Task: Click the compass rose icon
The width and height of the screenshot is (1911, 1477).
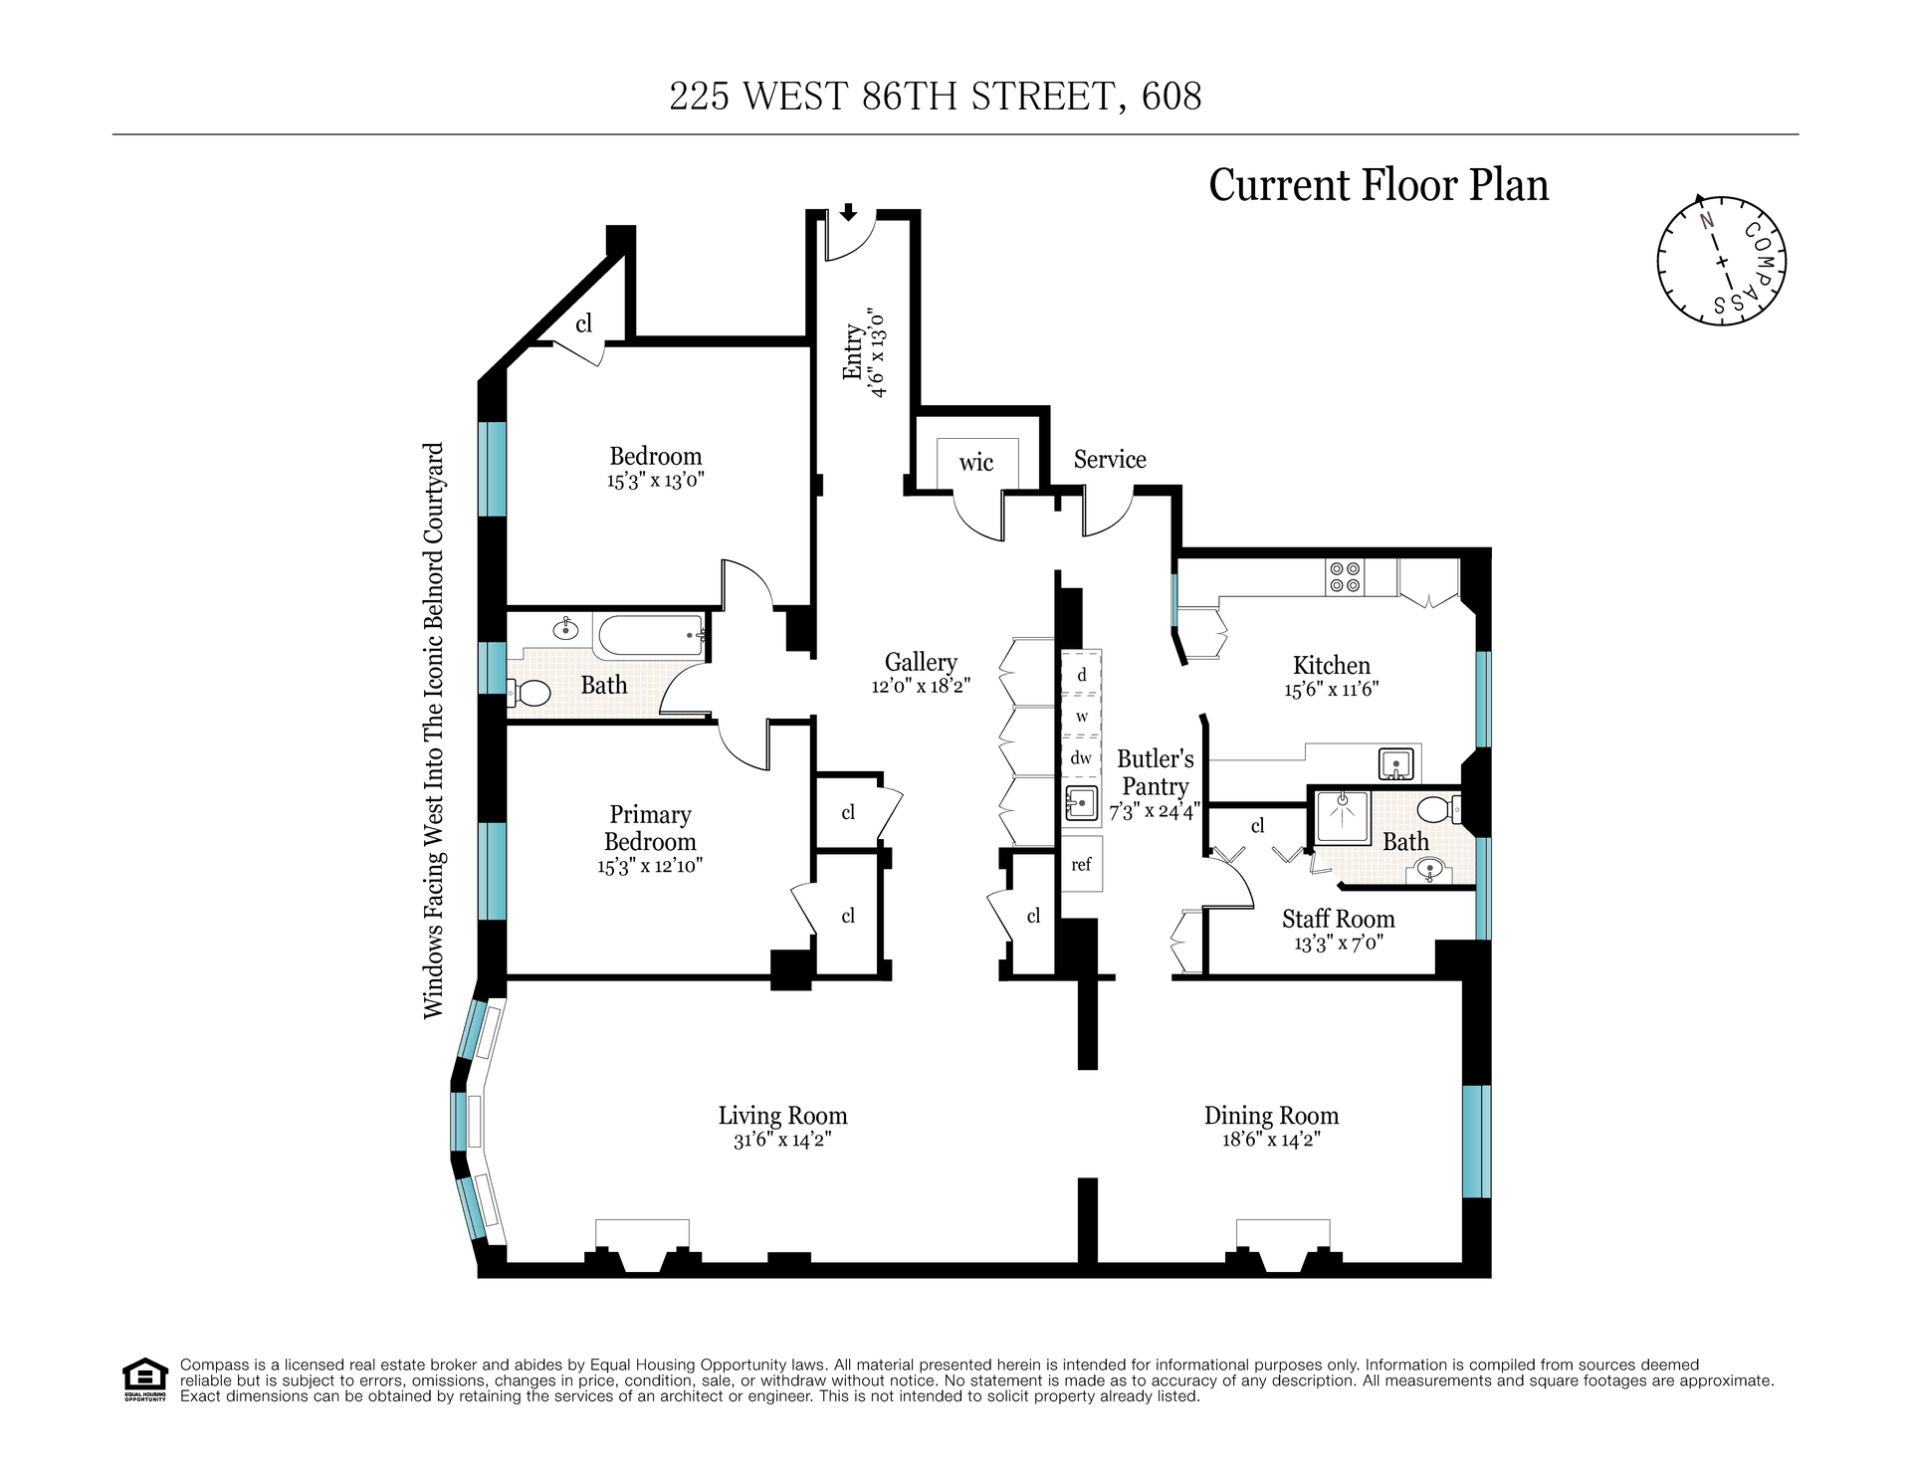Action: click(x=1722, y=260)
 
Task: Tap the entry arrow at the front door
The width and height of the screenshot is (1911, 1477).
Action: click(x=848, y=211)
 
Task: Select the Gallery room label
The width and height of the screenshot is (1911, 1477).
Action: click(x=921, y=662)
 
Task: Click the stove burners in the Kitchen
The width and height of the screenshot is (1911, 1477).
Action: click(x=1345, y=577)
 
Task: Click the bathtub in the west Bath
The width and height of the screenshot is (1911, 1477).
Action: click(x=650, y=635)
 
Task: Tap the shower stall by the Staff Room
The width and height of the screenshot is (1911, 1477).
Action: click(x=1343, y=816)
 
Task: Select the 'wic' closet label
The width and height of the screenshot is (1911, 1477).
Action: click(x=976, y=462)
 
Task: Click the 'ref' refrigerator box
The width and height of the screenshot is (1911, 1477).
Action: click(x=1082, y=864)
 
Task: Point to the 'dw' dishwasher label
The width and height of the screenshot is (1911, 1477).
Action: click(x=1081, y=757)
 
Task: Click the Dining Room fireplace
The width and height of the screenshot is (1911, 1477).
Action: click(x=1283, y=1245)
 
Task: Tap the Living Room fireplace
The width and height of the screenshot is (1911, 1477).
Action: click(x=642, y=1245)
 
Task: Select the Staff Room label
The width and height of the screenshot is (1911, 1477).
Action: click(x=1339, y=919)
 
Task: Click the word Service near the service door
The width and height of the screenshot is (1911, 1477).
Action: click(x=1110, y=459)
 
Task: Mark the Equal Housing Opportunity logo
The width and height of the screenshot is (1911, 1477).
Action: click(x=144, y=1379)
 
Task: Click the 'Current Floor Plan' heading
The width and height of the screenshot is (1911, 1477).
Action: click(x=1379, y=185)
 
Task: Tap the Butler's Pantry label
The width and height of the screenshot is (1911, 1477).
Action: click(x=1155, y=772)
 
